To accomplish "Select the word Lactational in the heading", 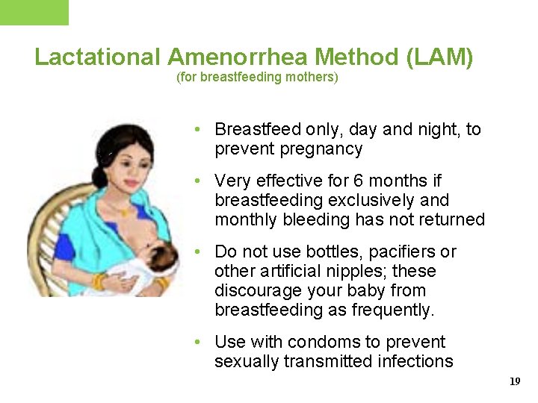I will point(98,57).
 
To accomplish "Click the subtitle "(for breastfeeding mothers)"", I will point(257,77).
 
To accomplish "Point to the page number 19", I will point(515,381).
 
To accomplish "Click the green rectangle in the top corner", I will point(34,12).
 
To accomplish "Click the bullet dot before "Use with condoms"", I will point(195,343).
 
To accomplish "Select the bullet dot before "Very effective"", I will point(195,181).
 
